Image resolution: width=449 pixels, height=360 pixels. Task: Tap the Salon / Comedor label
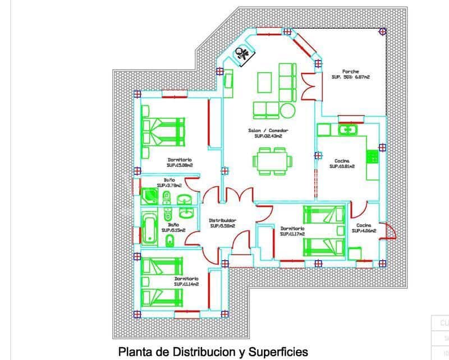pyautogui.click(x=268, y=131)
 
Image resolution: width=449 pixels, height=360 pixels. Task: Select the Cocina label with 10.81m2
pyautogui.click(x=341, y=161)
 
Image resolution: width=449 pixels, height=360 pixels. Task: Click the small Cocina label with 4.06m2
pyautogui.click(x=363, y=225)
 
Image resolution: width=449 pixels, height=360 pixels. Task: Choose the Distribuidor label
pyautogui.click(x=222, y=220)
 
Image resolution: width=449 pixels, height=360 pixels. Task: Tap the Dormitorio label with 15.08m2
pyautogui.click(x=179, y=160)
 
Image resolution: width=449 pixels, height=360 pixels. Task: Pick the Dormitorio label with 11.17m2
pyautogui.click(x=292, y=229)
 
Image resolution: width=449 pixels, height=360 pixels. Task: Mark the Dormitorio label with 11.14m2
pyautogui.click(x=187, y=279)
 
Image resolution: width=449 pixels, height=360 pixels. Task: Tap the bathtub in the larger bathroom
pyautogui.click(x=149, y=229)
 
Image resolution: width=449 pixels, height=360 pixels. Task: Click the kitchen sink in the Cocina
pyautogui.click(x=349, y=130)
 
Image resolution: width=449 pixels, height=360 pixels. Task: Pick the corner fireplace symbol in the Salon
pyautogui.click(x=245, y=54)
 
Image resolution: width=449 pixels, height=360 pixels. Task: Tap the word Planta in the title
pyautogui.click(x=135, y=352)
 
